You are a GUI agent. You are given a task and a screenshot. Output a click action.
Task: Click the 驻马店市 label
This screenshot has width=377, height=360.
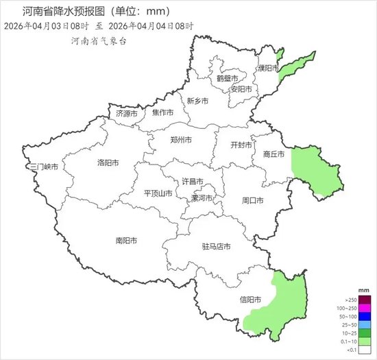coord(216,246)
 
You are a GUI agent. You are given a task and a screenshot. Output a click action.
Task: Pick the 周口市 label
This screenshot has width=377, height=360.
coord(253,201)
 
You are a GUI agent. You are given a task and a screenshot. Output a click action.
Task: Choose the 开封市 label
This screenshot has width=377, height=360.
coord(241,145)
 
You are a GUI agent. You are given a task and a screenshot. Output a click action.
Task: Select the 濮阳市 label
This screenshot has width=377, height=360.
coord(268,69)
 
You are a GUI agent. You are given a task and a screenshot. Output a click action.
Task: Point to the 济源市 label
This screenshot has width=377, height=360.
coord(126,113)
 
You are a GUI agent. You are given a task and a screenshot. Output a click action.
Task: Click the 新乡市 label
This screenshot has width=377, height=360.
coord(197,101)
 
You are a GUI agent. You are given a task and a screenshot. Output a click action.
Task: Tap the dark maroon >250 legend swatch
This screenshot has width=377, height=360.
coord(364,300)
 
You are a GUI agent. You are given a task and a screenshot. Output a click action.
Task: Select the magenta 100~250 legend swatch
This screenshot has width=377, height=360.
coord(364,308)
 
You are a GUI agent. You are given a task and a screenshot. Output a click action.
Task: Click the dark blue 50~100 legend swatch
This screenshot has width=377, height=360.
coord(364,316)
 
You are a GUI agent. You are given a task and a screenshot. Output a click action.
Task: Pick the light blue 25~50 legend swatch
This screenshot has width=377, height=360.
coord(364,324)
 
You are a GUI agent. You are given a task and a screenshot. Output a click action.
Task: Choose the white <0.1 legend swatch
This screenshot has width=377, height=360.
coord(364,349)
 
